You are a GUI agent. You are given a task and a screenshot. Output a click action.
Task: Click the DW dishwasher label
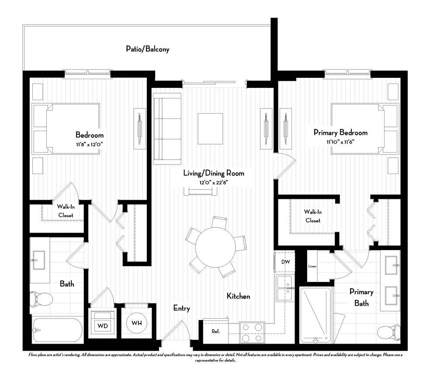(x=285, y=262)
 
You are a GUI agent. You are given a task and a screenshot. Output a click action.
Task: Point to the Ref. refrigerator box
(x=215, y=331)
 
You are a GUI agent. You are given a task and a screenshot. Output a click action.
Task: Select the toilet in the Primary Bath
(x=390, y=332)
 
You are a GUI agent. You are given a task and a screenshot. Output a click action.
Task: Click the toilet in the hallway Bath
(x=42, y=299)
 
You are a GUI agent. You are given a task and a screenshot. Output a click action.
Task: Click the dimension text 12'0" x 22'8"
(x=213, y=183)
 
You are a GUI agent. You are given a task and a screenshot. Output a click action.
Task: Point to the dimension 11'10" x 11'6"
(x=340, y=142)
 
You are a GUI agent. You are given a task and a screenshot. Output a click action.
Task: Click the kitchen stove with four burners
(x=252, y=332)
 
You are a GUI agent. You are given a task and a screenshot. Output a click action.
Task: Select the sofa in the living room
(x=167, y=126)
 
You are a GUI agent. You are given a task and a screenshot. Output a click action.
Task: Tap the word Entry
(x=181, y=308)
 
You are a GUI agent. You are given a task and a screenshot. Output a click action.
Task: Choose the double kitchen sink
(x=284, y=288)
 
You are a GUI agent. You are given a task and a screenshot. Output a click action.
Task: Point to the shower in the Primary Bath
(x=316, y=315)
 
